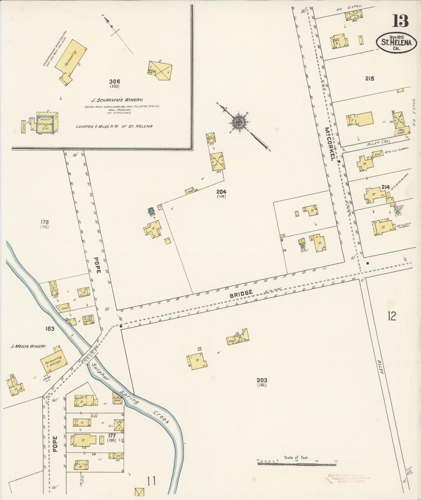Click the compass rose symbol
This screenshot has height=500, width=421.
pyautogui.click(x=239, y=121)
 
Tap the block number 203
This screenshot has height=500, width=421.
pyautogui.click(x=262, y=380)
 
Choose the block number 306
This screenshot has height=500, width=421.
pyautogui.click(x=115, y=81)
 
